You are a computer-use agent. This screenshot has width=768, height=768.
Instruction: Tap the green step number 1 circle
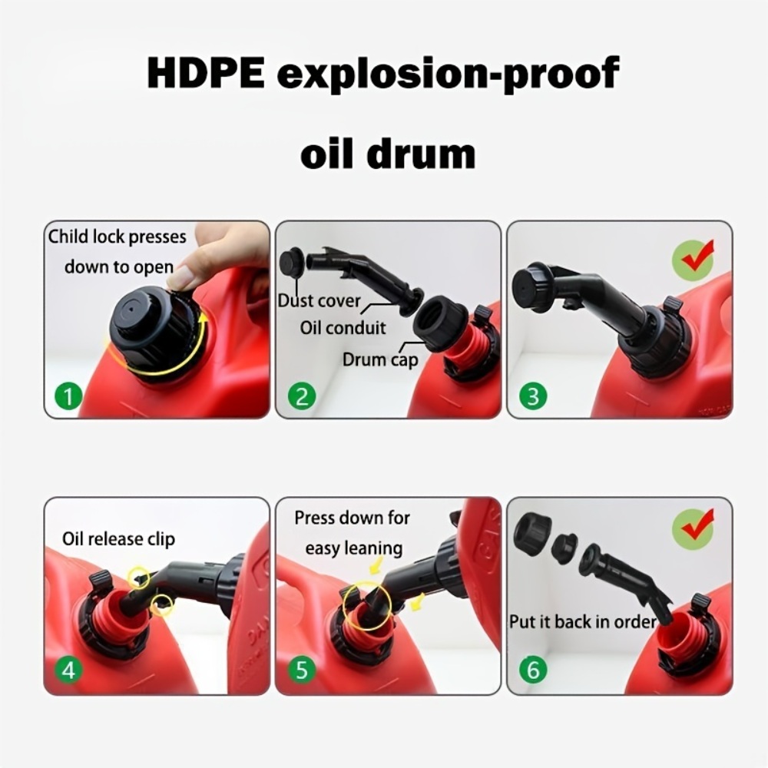pos(68,396)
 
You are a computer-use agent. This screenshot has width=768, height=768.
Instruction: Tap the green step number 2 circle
pos(302,396)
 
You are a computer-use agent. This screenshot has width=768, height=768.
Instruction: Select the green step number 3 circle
pos(533,396)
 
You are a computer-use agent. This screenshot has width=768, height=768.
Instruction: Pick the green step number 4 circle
pos(68,669)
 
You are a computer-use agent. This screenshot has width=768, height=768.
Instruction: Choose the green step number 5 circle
pos(302,669)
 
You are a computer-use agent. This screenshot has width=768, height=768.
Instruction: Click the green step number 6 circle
pos(533,669)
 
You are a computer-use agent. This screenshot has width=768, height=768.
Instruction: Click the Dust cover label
pos(319,300)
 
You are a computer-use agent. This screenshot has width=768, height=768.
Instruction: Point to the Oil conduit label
pos(343,328)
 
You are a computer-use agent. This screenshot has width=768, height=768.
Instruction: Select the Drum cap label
pos(380,360)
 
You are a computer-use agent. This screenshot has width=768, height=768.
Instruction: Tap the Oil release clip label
pos(118,539)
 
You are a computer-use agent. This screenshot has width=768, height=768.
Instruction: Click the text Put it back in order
pos(583,621)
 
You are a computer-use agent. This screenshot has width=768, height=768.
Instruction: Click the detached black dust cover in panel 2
pos(291,264)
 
